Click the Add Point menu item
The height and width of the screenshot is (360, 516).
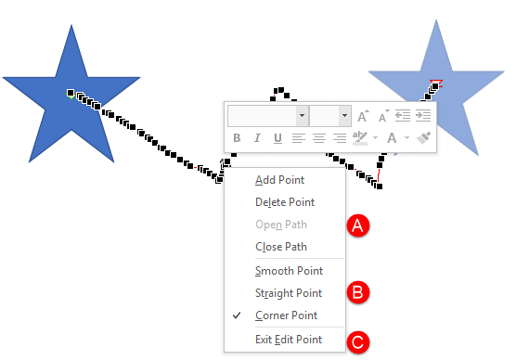click(x=279, y=180)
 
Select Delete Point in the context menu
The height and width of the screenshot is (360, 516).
click(x=284, y=202)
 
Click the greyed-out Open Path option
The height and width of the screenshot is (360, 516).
click(x=280, y=225)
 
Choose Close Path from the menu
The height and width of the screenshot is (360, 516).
click(x=280, y=247)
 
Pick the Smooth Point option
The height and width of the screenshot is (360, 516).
click(x=289, y=271)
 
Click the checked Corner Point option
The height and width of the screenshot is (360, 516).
click(x=286, y=315)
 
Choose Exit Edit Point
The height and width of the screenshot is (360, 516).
click(x=289, y=340)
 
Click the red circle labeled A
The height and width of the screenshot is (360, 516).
click(x=358, y=225)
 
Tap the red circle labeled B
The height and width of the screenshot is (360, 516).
click(x=358, y=293)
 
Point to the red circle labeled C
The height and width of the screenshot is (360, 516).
click(x=358, y=341)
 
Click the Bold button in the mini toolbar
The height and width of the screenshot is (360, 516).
click(x=237, y=139)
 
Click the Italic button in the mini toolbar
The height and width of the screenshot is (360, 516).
click(x=257, y=139)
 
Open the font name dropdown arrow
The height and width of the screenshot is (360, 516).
click(x=302, y=116)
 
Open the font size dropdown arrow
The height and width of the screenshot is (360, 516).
click(x=344, y=116)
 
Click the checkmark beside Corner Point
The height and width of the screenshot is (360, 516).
click(x=239, y=315)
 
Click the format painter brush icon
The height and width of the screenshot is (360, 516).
click(x=423, y=138)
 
